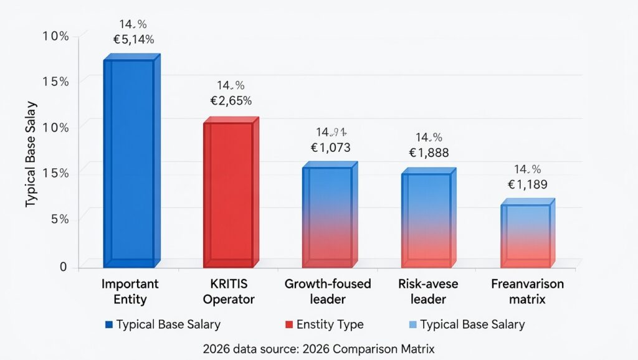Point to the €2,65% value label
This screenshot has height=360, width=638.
point(231,100)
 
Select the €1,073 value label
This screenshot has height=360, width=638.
point(330,148)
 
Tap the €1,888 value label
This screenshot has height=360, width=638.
point(429,153)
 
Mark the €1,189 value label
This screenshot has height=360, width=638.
point(528,184)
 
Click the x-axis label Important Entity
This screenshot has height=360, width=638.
point(130,291)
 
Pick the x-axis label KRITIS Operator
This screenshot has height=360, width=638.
point(229,291)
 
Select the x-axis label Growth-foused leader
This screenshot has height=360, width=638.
point(328,291)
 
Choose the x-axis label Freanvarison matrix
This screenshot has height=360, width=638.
point(527,291)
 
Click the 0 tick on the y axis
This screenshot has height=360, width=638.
point(64,267)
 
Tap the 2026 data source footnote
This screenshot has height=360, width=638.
point(319,349)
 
